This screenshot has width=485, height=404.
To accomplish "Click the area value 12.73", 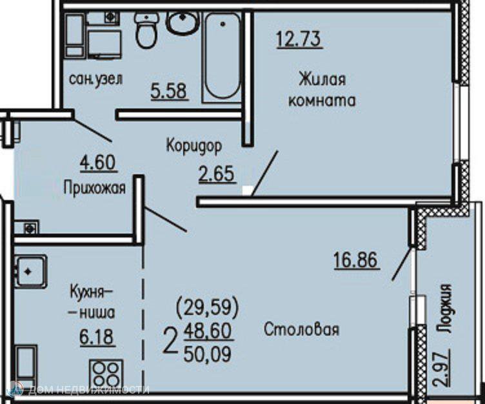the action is point(299,39).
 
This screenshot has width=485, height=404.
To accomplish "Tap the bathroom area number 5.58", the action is point(169,91).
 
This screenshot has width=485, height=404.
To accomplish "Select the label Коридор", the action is point(194,145).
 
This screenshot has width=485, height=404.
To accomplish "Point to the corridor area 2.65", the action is point(217,174).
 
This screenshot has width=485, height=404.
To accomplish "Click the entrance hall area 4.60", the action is point(98,163).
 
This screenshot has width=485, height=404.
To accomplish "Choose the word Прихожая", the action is point(95,188).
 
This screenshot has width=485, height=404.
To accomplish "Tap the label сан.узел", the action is point(96,79).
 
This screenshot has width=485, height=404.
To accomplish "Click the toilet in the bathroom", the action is point(146,30).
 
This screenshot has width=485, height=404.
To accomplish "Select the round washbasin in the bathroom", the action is point(183,23).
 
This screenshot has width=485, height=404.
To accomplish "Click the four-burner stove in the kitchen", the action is point(106,374).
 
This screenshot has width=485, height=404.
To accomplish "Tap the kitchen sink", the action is point(30,272).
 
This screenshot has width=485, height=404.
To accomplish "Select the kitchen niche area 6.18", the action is point(97,337).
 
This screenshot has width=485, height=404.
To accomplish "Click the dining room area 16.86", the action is point(356,259).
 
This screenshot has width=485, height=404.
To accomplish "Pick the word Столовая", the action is point(302,329).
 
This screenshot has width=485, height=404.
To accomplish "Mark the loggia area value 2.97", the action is point(442,367).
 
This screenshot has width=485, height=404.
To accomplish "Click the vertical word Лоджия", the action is point(444,308).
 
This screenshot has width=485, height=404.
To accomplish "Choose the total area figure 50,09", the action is point(208,354).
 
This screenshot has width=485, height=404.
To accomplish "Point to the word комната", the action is point(322,101).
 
